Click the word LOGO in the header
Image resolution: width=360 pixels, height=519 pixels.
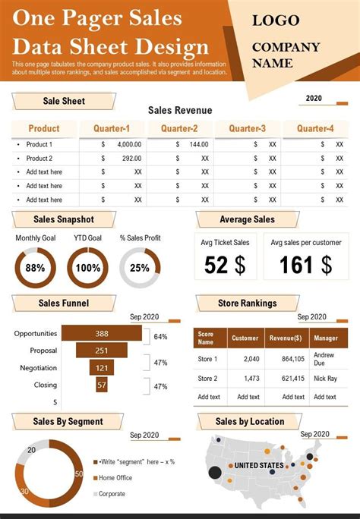(x=276, y=20)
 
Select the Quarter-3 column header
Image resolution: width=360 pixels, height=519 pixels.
(x=247, y=128)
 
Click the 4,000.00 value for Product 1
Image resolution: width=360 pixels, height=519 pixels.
(x=129, y=144)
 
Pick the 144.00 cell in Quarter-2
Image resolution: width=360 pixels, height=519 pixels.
(x=198, y=144)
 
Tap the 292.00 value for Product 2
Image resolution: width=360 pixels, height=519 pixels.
(x=131, y=159)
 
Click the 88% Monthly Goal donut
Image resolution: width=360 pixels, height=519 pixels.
(x=35, y=268)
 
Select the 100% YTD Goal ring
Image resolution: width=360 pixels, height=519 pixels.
(x=87, y=268)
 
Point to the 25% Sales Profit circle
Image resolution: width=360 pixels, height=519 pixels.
(x=140, y=268)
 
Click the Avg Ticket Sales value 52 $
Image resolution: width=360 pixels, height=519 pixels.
(x=225, y=265)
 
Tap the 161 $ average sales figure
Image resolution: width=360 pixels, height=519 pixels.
(x=306, y=265)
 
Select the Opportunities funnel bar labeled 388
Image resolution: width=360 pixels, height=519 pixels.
(x=101, y=334)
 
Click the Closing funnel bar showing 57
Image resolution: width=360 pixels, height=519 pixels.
(x=101, y=385)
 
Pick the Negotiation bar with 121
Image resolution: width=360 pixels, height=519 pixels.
(x=101, y=368)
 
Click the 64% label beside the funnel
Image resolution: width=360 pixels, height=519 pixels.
(x=160, y=336)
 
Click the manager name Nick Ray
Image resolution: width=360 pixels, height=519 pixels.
(x=325, y=378)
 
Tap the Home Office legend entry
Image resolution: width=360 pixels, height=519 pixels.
(x=115, y=478)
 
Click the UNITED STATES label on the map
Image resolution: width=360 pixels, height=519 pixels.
(x=258, y=465)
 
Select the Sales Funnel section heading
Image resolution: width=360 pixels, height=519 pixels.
(x=64, y=304)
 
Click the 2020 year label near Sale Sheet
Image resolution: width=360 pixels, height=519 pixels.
(x=313, y=98)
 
